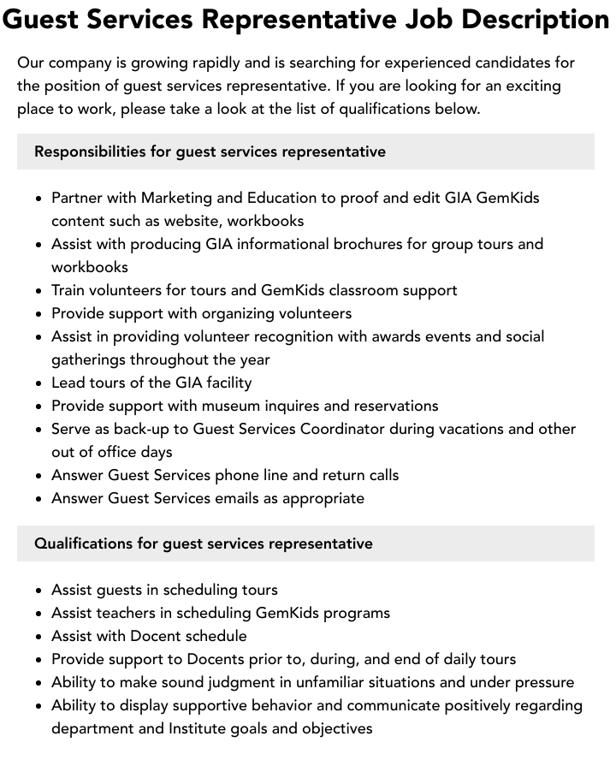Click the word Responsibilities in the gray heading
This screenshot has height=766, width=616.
pos(90,151)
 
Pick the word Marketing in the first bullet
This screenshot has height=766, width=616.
pos(177,198)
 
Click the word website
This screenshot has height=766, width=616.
pos(194,221)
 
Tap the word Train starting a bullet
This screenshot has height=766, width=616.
pos(70,290)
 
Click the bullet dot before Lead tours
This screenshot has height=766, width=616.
pos(38,383)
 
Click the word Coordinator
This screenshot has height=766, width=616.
pos(342,429)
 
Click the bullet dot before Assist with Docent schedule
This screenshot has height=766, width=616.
pos(38,637)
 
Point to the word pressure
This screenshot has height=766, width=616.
pos(544,682)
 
